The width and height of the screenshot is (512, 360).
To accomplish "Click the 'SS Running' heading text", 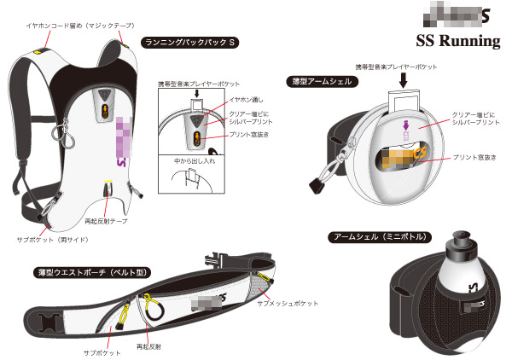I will click(x=457, y=42).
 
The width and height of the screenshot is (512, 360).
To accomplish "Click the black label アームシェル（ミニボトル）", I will click(x=381, y=236).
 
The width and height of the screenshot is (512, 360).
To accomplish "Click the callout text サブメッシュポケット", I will click(x=288, y=303).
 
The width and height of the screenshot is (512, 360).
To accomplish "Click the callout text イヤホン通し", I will click(x=245, y=101).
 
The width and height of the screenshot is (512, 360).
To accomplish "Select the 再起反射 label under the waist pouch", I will click(x=148, y=347).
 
